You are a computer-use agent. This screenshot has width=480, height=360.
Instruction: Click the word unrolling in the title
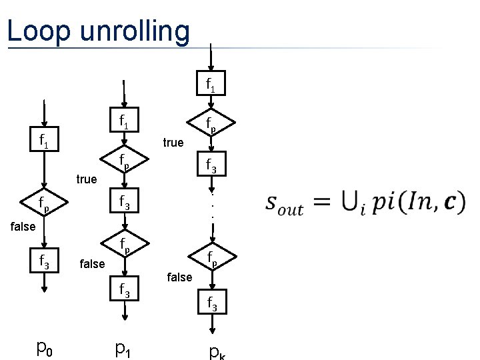click(x=133, y=31)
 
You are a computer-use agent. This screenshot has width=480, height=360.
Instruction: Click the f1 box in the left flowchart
click(x=44, y=141)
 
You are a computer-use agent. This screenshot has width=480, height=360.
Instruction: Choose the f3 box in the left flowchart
click(x=44, y=263)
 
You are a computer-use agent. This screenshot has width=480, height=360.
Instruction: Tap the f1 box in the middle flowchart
click(x=124, y=121)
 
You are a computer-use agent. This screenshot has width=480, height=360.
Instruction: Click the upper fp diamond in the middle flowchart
click(x=124, y=160)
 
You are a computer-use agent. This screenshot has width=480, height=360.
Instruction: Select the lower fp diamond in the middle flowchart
click(x=124, y=245)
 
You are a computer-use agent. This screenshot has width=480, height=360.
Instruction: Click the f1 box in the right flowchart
click(x=212, y=85)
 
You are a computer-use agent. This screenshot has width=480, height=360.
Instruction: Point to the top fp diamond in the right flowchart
click(x=212, y=123)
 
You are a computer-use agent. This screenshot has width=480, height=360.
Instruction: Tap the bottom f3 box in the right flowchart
click(x=212, y=305)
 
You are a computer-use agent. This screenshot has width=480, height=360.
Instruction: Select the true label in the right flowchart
click(x=173, y=142)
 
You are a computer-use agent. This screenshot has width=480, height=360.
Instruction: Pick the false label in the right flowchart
click(x=179, y=277)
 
